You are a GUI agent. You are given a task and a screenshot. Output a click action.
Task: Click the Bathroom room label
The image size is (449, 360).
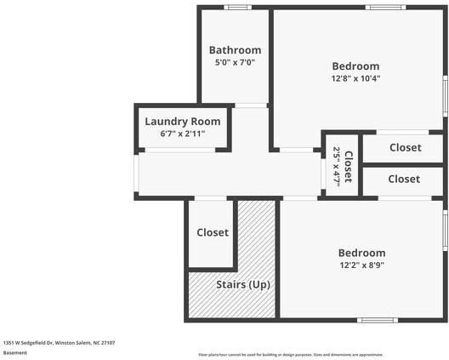coord(235,50)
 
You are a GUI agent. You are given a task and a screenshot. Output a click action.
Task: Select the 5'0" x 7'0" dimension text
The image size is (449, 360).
coord(235,63)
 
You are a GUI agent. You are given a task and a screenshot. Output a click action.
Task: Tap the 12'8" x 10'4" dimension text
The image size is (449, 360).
coord(355,78)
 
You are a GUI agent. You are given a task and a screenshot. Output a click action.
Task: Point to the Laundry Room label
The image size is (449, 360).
coord(182,122)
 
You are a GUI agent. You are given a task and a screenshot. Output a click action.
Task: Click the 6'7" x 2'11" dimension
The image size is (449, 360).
coord(182,134)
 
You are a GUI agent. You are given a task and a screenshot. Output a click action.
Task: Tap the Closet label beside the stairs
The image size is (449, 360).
coord(213,232)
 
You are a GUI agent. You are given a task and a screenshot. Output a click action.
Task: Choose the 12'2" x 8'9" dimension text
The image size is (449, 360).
coord(361,266)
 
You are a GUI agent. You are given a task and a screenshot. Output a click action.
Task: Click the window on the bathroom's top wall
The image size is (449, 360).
coord(237,8)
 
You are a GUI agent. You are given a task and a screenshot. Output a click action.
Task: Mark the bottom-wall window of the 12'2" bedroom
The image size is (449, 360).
coord(377,320)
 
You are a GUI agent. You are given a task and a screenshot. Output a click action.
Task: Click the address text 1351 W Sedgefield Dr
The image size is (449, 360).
coord(59,342)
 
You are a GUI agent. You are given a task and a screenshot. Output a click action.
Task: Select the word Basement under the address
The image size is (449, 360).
coord(15,352)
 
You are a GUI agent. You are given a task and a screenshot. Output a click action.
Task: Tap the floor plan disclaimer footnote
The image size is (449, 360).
coord(290,354)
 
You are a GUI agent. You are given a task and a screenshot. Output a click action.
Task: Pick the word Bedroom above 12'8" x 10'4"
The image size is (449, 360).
coord(355,66)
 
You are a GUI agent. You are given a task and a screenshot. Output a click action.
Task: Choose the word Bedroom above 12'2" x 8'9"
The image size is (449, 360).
coord(361,253)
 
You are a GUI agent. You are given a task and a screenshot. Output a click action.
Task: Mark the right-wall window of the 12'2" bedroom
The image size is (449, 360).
coord(444,231)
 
